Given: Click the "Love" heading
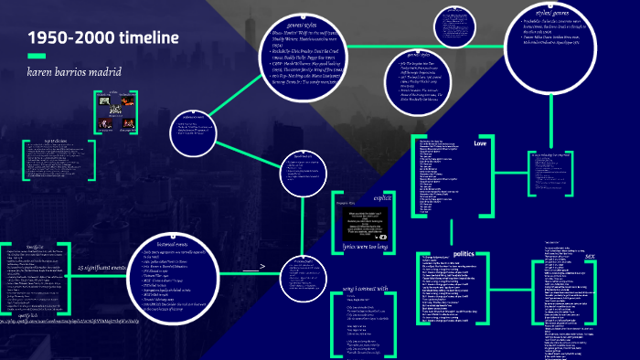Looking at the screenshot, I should click(480, 143).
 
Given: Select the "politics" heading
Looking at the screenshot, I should click(464, 253).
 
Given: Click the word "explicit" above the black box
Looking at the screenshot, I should click(382, 196).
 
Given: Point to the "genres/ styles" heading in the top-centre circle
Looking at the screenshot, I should click(301, 26).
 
